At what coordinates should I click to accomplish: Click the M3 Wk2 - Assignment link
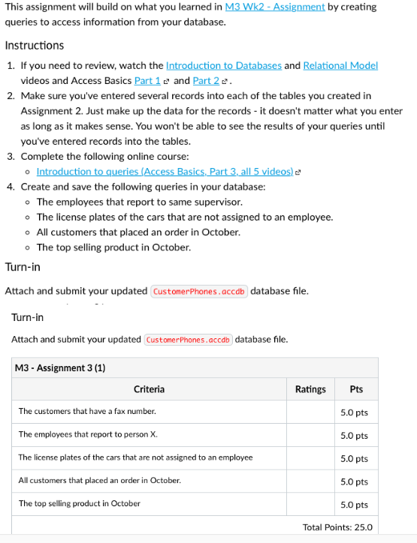[x=275, y=6]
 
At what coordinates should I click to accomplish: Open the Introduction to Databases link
[x=224, y=65]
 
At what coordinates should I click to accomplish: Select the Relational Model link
[x=340, y=65]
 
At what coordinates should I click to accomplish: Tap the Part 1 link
[x=147, y=80]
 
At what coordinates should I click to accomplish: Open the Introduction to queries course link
[x=165, y=172]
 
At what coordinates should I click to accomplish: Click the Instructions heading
[x=35, y=45]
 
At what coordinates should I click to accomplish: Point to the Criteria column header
[x=149, y=389]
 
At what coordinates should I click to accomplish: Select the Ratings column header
[x=310, y=389]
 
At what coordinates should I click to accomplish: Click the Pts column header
[x=356, y=389]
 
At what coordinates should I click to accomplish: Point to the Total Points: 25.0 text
[x=337, y=527]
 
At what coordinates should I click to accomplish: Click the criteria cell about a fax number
[x=87, y=412]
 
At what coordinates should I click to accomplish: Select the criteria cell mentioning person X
[x=88, y=435]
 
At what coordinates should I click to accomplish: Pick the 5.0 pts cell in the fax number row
[x=354, y=412]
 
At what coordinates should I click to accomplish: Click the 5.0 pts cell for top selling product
[x=354, y=505]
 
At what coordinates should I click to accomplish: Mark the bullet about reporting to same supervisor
[x=139, y=202]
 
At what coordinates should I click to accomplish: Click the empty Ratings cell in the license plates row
[x=310, y=458]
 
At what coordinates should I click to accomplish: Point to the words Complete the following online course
[x=94, y=157]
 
